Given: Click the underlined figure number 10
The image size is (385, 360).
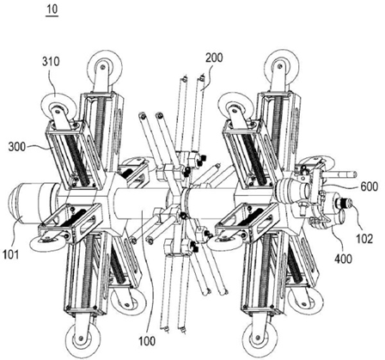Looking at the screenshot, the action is (x=52, y=9).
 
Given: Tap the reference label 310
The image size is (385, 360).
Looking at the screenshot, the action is (x=51, y=61).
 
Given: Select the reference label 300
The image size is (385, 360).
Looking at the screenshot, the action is (x=17, y=147).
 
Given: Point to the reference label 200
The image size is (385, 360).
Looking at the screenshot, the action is (x=214, y=58).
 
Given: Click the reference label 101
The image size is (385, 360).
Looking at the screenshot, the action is (x=11, y=253).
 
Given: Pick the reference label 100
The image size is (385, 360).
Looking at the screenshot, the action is (x=147, y=341).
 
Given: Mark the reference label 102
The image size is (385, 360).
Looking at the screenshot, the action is (x=364, y=239).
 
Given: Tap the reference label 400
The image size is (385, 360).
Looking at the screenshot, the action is (x=343, y=259).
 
